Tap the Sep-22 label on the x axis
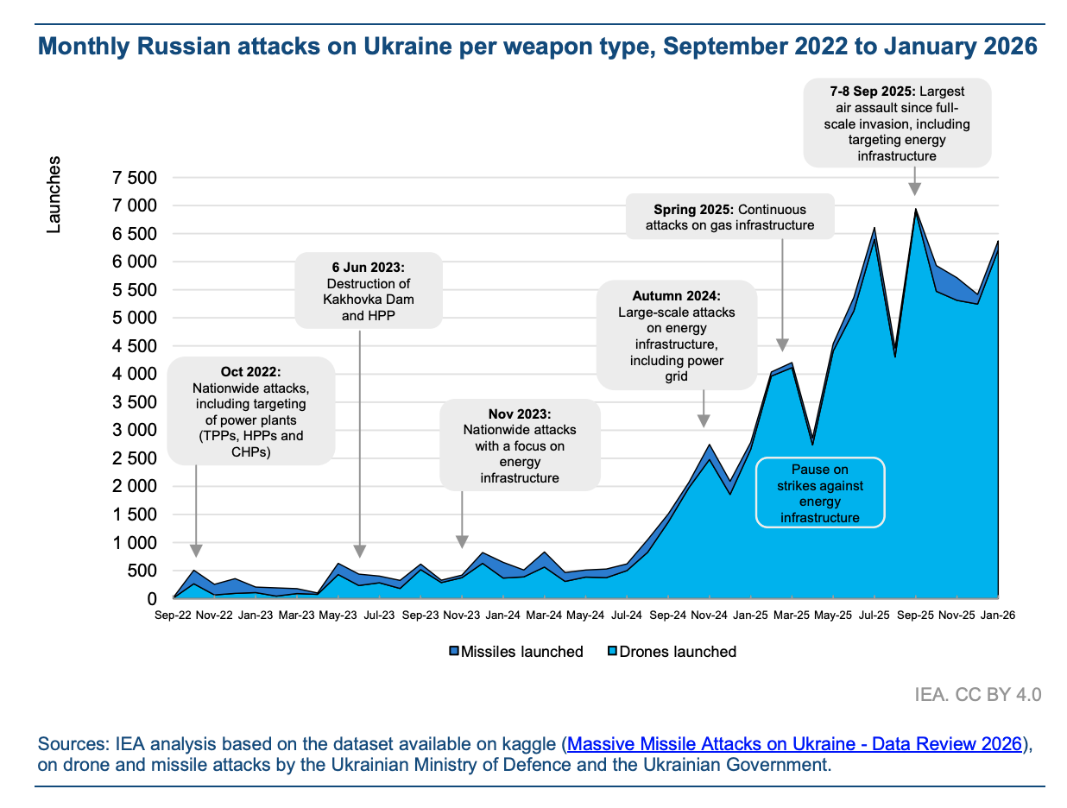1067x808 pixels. [x=173, y=615]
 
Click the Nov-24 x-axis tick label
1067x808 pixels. [x=709, y=615]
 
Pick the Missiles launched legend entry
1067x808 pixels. [x=515, y=652]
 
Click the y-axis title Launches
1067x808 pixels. [x=54, y=194]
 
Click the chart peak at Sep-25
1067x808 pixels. [x=915, y=210]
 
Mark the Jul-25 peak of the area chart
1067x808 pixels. [x=874, y=229]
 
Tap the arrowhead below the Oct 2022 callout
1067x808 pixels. [x=196, y=551]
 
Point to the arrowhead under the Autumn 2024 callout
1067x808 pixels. [x=704, y=420]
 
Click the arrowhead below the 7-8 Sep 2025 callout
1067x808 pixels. [x=914, y=189]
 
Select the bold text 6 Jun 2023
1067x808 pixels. [x=368, y=267]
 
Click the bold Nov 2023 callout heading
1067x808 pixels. [x=520, y=413]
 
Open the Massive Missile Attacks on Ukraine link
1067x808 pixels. [x=795, y=744]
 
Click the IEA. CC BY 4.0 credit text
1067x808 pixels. [x=978, y=695]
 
